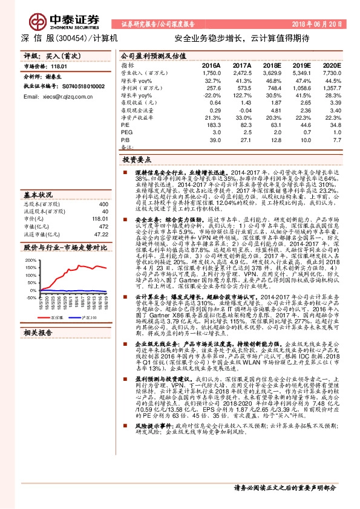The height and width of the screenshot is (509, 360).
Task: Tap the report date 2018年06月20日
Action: [x=316, y=24]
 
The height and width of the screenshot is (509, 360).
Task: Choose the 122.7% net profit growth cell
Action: [x=241, y=95]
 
